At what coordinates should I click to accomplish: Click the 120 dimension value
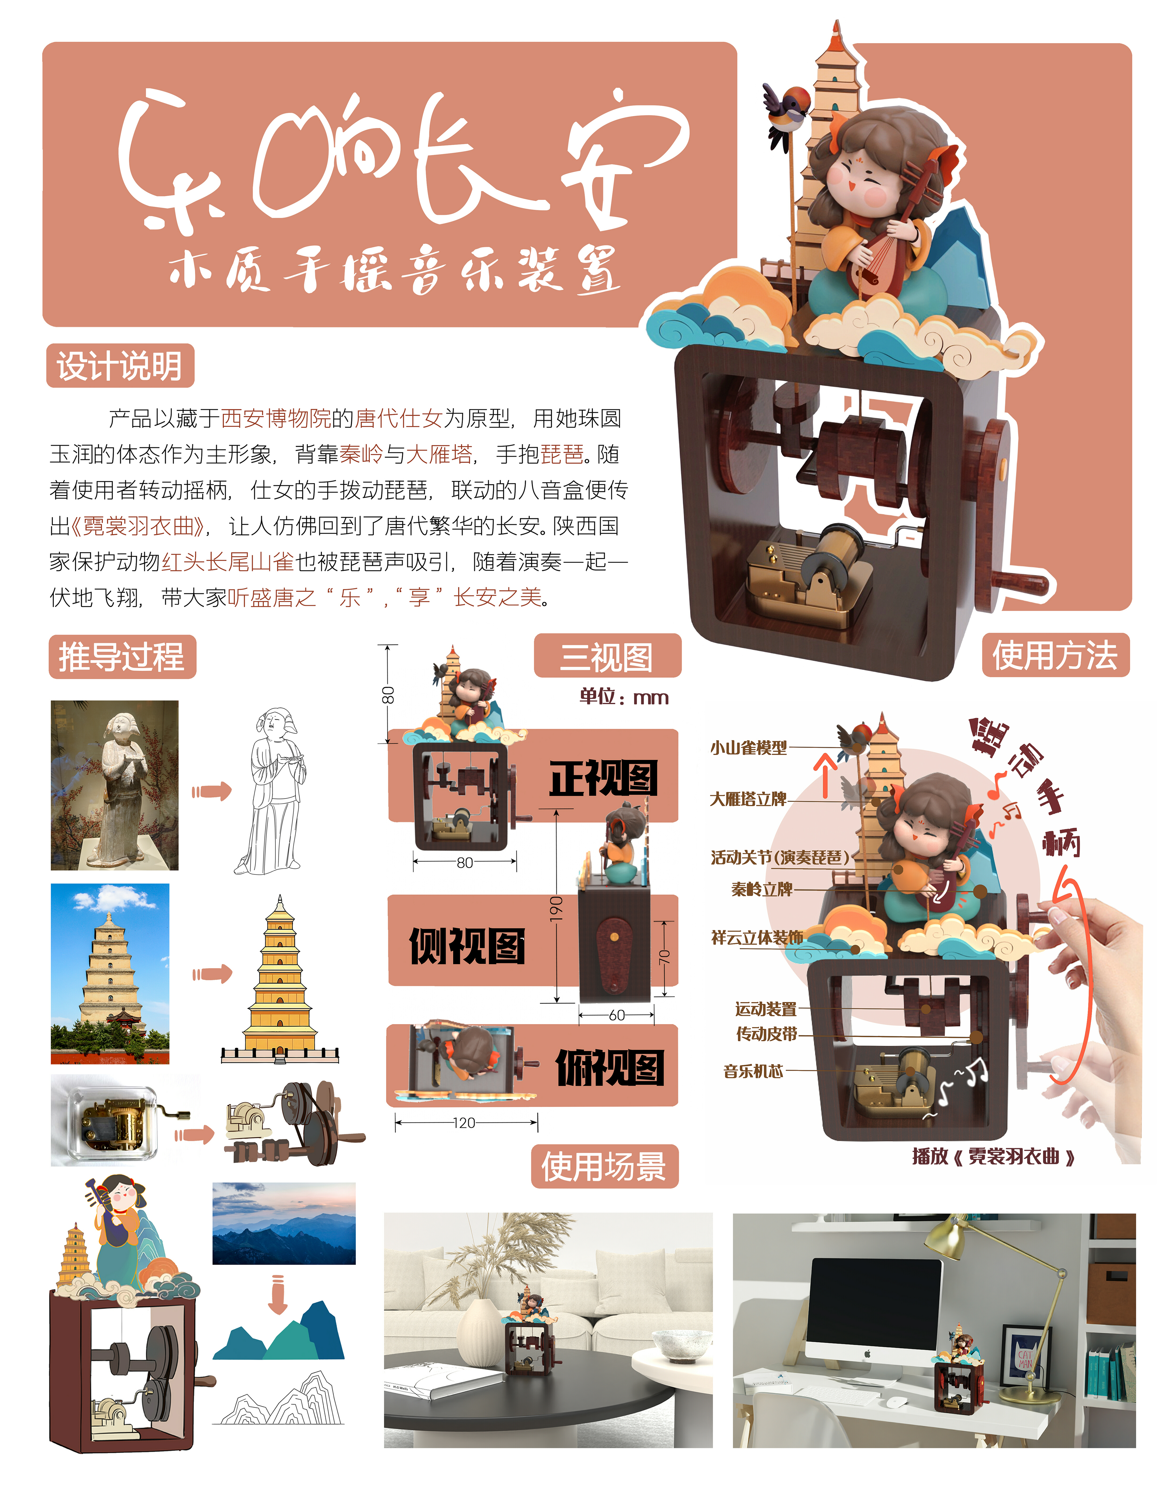[x=464, y=1123]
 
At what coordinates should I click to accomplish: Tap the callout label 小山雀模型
[x=748, y=747]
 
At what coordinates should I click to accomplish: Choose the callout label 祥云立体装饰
[x=757, y=937]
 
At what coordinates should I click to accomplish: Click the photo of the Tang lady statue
[x=115, y=785]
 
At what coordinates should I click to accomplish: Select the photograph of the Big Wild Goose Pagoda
[x=110, y=973]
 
